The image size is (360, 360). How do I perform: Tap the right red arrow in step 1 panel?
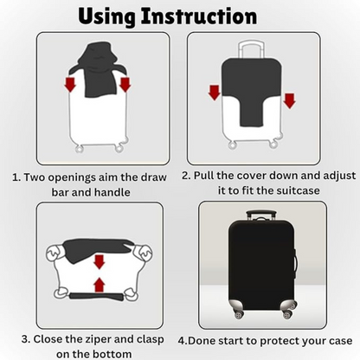(x=125, y=84)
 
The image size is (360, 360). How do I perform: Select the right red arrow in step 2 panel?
(x=289, y=100)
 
